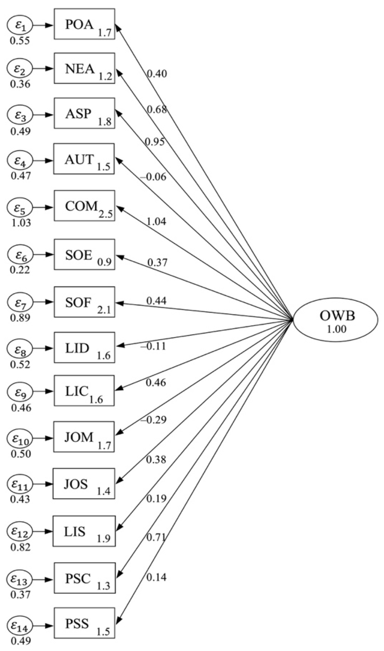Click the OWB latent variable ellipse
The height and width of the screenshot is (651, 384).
[x=335, y=320]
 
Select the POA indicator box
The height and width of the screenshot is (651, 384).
[x=84, y=24]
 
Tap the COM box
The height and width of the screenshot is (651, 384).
[x=84, y=206]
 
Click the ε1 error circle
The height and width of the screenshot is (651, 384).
[x=20, y=26]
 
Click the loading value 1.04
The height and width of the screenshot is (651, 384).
[x=156, y=221]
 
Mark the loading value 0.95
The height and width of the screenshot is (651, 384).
[x=155, y=141]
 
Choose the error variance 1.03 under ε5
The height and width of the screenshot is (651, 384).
[x=21, y=223]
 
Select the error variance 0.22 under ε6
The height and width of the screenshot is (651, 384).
[x=20, y=270]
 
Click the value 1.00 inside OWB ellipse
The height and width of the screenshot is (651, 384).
[x=337, y=329]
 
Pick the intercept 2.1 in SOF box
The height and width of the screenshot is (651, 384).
[x=104, y=310]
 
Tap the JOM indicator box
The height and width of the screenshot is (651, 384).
[x=84, y=437]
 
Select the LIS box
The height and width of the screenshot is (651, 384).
[x=84, y=531]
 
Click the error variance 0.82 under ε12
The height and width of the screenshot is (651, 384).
[x=20, y=547]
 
